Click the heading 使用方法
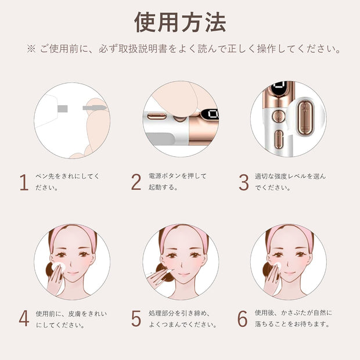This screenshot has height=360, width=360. click(x=180, y=22)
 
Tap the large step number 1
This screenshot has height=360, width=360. click(x=24, y=182)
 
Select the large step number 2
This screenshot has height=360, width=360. click(x=136, y=182)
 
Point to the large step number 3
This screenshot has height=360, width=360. click(x=244, y=182)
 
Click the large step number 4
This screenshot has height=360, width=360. click(x=24, y=318)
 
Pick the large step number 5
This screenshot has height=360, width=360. click(x=136, y=318)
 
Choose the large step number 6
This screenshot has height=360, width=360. click(x=243, y=318)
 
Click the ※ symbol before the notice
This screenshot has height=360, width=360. click(x=31, y=49)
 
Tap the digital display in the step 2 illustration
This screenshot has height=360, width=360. click(x=210, y=114)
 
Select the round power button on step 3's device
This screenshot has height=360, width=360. click(x=278, y=116)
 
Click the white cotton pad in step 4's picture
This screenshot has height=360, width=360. click(x=58, y=267)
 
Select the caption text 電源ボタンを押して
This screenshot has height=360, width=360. click(x=178, y=176)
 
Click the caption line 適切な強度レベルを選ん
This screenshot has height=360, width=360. click(x=290, y=176)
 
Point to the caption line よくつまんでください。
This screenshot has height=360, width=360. click(x=183, y=325)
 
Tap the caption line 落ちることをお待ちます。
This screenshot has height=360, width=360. click(x=292, y=324)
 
